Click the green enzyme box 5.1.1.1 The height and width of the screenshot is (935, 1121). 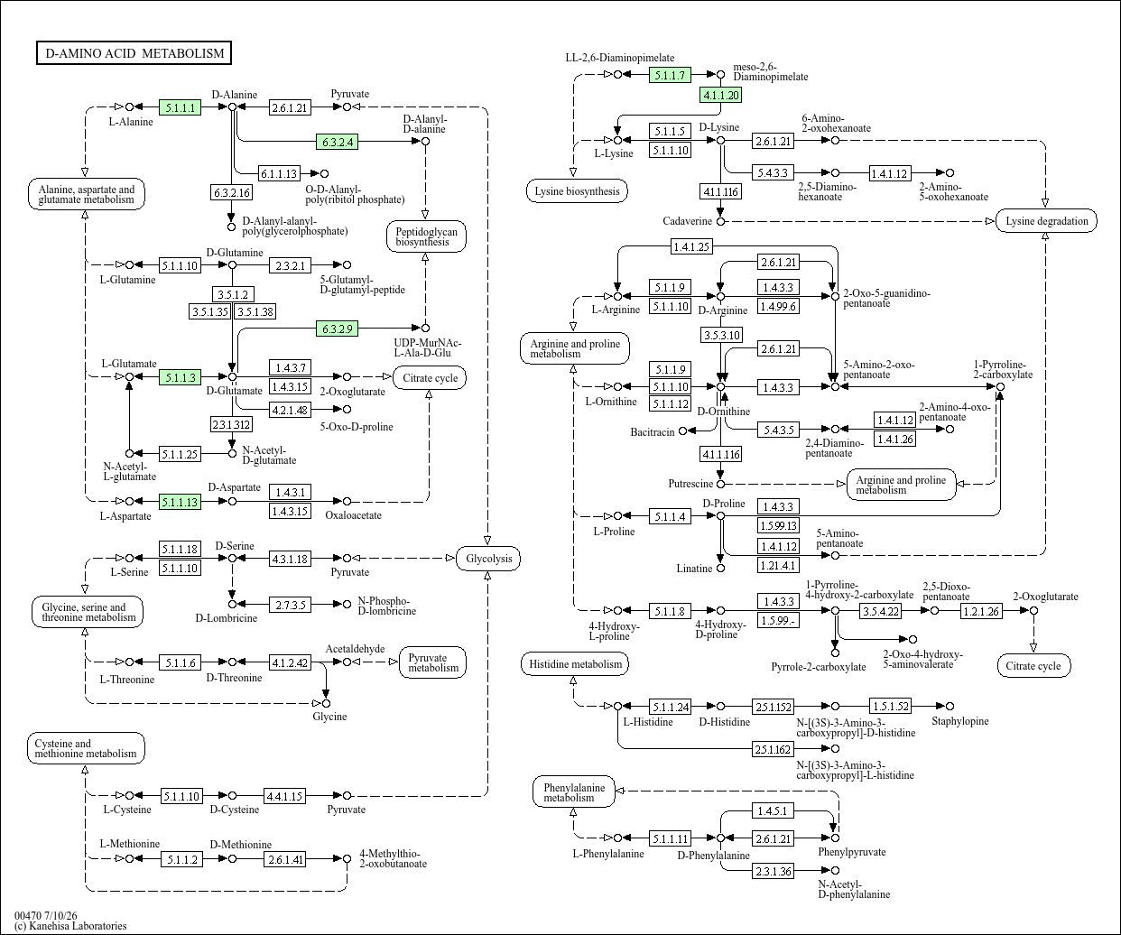coord(180,107)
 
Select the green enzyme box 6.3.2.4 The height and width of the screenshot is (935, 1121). coord(338,142)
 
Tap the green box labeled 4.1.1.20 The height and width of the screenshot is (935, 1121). coord(721,95)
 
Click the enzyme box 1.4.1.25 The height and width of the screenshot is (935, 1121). coord(691,246)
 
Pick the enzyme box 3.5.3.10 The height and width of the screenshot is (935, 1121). coord(721,335)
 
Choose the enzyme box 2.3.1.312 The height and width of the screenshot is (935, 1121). coord(231,424)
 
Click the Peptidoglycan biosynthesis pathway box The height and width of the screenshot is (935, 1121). coord(426,236)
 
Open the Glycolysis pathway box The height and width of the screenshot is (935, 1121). coord(488,559)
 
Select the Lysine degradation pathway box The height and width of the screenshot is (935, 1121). coord(1046,220)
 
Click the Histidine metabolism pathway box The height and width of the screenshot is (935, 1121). coord(575,664)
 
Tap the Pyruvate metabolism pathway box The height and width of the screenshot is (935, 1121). coord(432,662)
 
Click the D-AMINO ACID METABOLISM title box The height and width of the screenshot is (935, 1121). coord(134,52)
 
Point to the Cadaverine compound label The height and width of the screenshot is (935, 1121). coord(687,221)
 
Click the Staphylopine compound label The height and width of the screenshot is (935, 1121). coord(960,721)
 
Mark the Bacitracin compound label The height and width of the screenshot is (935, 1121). coord(653,432)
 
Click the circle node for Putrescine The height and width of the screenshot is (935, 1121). coord(721,484)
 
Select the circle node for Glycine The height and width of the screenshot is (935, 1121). coord(326,703)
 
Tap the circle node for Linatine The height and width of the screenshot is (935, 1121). coord(721,568)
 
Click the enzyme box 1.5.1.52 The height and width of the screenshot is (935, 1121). coord(890,707)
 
